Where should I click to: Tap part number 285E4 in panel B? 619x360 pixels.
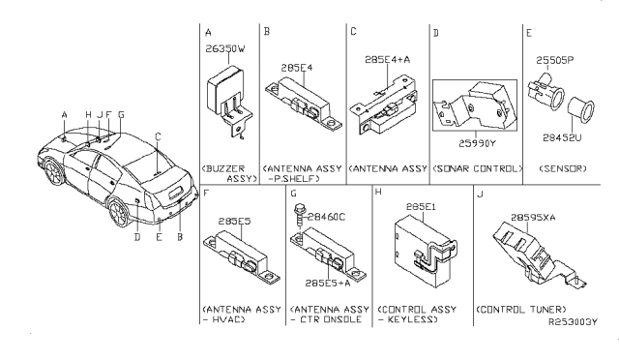pos(292,69)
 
